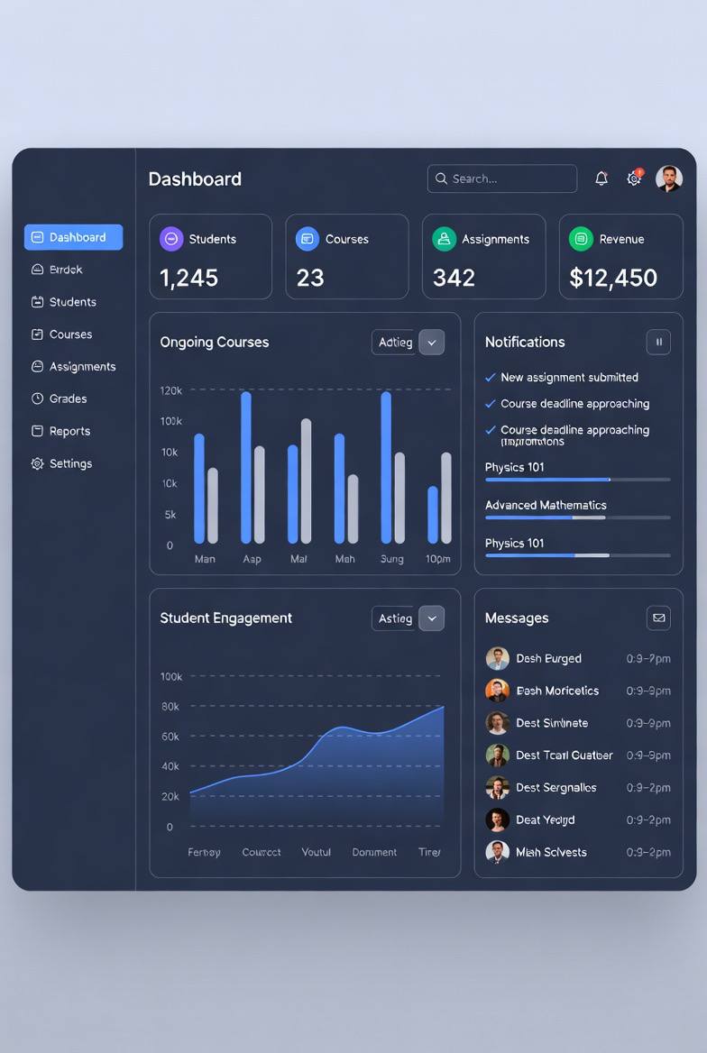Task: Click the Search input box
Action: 502,179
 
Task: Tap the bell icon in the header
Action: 601,179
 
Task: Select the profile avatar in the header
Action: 669,179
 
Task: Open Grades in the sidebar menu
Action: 68,398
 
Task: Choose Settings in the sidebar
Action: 70,463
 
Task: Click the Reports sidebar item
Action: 69,431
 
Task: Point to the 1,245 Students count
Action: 189,278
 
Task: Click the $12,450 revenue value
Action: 613,278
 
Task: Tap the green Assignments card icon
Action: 444,239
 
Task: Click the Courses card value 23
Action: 310,278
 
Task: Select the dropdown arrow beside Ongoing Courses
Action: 432,343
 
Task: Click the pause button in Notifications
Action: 658,343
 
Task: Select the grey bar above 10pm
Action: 446,498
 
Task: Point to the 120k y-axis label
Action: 170,390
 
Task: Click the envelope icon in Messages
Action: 658,618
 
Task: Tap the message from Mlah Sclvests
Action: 551,852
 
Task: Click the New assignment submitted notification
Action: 569,378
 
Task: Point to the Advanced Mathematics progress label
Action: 546,505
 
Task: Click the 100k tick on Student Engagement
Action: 170,676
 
